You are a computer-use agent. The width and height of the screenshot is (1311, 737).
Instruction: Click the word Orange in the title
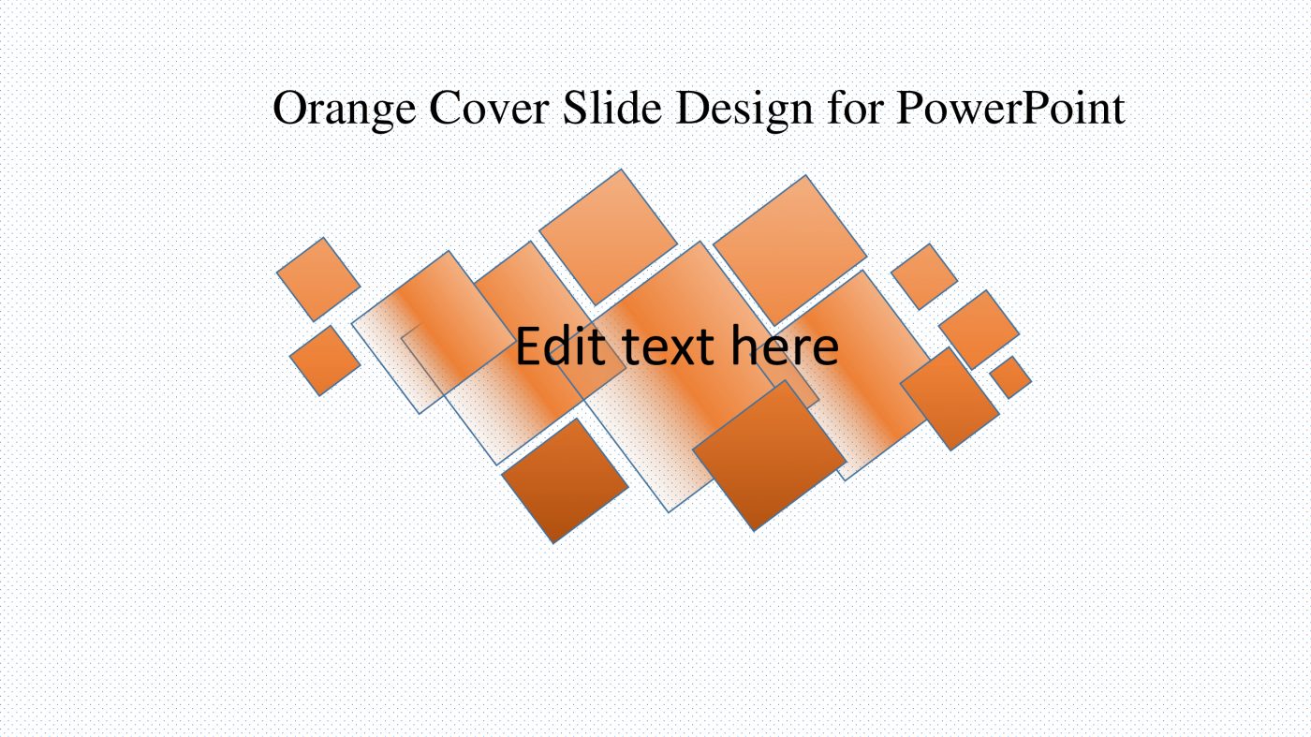pyautogui.click(x=345, y=109)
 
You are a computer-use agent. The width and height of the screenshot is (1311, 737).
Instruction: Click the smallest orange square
pyautogui.click(x=1010, y=376)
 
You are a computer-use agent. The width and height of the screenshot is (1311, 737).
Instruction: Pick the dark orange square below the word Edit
pyautogui.click(x=565, y=480)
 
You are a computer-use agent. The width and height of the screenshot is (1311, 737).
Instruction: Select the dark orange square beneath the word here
pyautogui.click(x=769, y=456)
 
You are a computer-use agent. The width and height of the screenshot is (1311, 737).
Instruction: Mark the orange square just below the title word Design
pyautogui.click(x=789, y=249)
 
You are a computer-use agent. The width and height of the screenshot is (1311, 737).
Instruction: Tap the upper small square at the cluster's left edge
pyautogui.click(x=318, y=278)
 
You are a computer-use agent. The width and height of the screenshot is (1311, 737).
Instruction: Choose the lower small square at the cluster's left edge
pyautogui.click(x=325, y=360)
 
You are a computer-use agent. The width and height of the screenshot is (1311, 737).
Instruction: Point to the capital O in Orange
pyautogui.click(x=289, y=109)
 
